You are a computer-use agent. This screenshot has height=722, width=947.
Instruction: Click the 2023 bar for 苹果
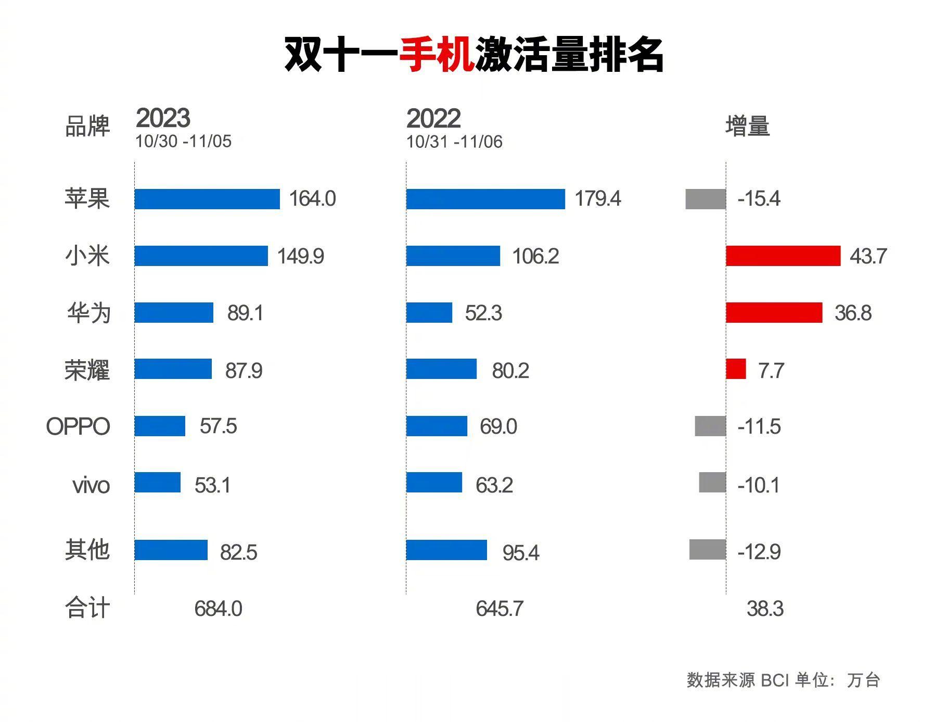(x=207, y=199)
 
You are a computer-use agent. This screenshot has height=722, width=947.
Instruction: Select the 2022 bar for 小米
(x=453, y=256)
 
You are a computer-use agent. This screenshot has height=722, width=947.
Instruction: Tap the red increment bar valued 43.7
(x=783, y=256)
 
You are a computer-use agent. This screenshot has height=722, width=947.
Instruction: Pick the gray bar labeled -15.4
(x=706, y=199)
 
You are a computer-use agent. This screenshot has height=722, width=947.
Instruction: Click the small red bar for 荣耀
(x=736, y=369)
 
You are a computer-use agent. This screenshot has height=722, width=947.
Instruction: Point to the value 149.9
(x=300, y=256)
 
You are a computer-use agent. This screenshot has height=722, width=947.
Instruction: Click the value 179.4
(x=597, y=199)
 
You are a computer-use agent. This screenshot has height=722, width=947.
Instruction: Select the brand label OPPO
(x=78, y=426)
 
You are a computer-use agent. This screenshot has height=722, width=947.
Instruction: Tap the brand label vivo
(x=91, y=485)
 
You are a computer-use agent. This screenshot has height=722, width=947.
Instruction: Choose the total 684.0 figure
(x=218, y=609)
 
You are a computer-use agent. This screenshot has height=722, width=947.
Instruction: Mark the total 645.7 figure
(x=499, y=609)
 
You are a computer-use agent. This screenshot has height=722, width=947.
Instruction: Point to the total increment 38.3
(x=764, y=609)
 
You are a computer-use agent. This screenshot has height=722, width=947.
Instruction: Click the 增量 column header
(x=747, y=126)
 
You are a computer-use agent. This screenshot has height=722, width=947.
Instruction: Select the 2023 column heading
(x=163, y=118)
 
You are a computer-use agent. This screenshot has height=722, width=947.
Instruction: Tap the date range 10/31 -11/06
(x=454, y=142)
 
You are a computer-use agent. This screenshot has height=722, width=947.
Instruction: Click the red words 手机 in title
(x=436, y=54)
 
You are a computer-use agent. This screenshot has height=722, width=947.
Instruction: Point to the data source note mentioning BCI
(x=783, y=680)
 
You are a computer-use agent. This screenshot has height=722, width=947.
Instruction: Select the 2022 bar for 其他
(x=446, y=550)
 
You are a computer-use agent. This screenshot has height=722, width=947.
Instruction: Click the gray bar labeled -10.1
(x=712, y=483)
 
